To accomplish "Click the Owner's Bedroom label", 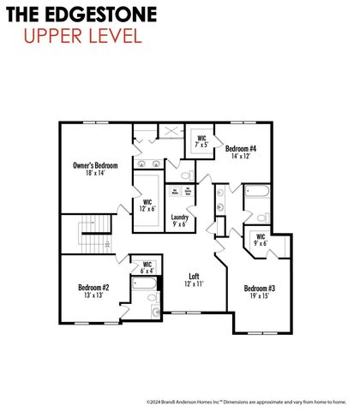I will click(x=94, y=164).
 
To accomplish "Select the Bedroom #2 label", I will click(x=93, y=288).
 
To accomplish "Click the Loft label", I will click(x=195, y=277).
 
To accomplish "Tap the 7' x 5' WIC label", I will click(x=201, y=141).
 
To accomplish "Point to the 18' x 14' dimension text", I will click(x=94, y=173).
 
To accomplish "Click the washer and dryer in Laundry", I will click(x=182, y=192).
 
